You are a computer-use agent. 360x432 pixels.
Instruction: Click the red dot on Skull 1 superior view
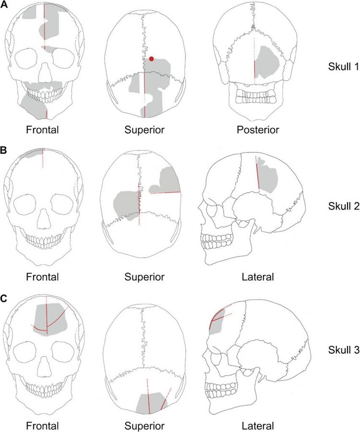click(151, 59)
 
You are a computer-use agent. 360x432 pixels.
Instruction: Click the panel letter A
click(4, 5)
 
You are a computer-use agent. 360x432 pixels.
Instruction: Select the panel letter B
click(4, 151)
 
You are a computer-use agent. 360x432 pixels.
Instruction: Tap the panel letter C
click(4, 299)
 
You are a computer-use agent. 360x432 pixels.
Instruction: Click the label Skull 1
click(344, 66)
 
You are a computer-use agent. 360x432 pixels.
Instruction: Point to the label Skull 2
click(344, 206)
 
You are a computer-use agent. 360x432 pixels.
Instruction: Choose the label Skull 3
click(344, 350)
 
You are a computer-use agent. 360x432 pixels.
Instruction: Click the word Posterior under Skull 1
click(258, 130)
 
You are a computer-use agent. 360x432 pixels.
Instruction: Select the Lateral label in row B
click(258, 277)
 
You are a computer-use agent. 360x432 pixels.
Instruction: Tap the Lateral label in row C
click(258, 426)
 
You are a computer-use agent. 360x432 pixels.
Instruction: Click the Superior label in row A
click(144, 130)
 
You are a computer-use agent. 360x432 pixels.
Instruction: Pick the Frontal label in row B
click(42, 277)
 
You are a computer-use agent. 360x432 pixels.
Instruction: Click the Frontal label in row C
click(42, 426)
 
